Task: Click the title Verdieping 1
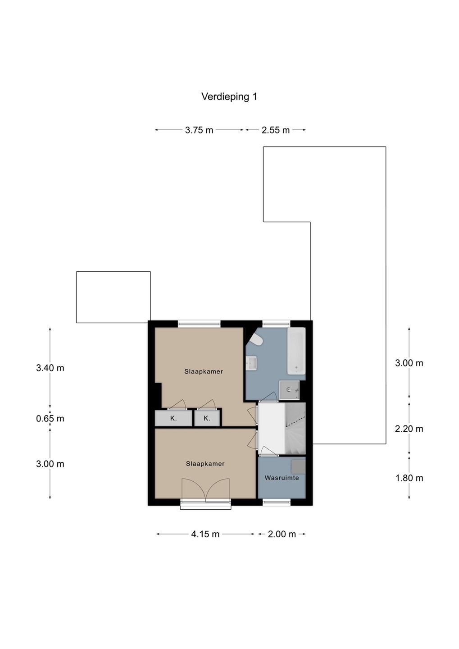(x=229, y=97)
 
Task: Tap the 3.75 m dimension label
(x=199, y=130)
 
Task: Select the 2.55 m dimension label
(x=275, y=130)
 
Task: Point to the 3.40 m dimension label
(x=50, y=368)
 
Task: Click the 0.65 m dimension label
(x=50, y=419)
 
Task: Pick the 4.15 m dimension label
(x=205, y=534)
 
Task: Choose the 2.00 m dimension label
(x=282, y=534)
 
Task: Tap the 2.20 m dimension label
(x=409, y=429)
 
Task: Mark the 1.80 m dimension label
(x=409, y=478)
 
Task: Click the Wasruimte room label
(x=282, y=478)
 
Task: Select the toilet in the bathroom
(x=256, y=339)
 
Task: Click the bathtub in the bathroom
(x=296, y=351)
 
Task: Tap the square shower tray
(x=289, y=390)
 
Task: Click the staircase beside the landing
(x=295, y=428)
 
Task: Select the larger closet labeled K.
(x=173, y=418)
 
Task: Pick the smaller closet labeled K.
(x=206, y=418)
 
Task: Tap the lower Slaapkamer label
(x=205, y=464)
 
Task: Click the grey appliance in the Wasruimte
(x=299, y=466)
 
